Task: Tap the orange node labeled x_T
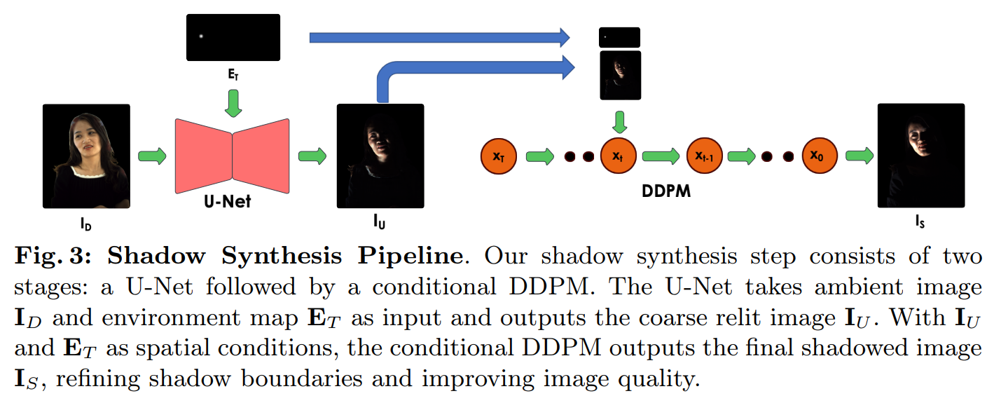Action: pos(498,156)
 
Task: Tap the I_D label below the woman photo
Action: pos(86,226)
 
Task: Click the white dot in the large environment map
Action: pos(201,37)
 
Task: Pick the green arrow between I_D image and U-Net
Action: pos(152,156)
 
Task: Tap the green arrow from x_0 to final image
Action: pos(857,156)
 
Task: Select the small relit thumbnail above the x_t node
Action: pos(620,74)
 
